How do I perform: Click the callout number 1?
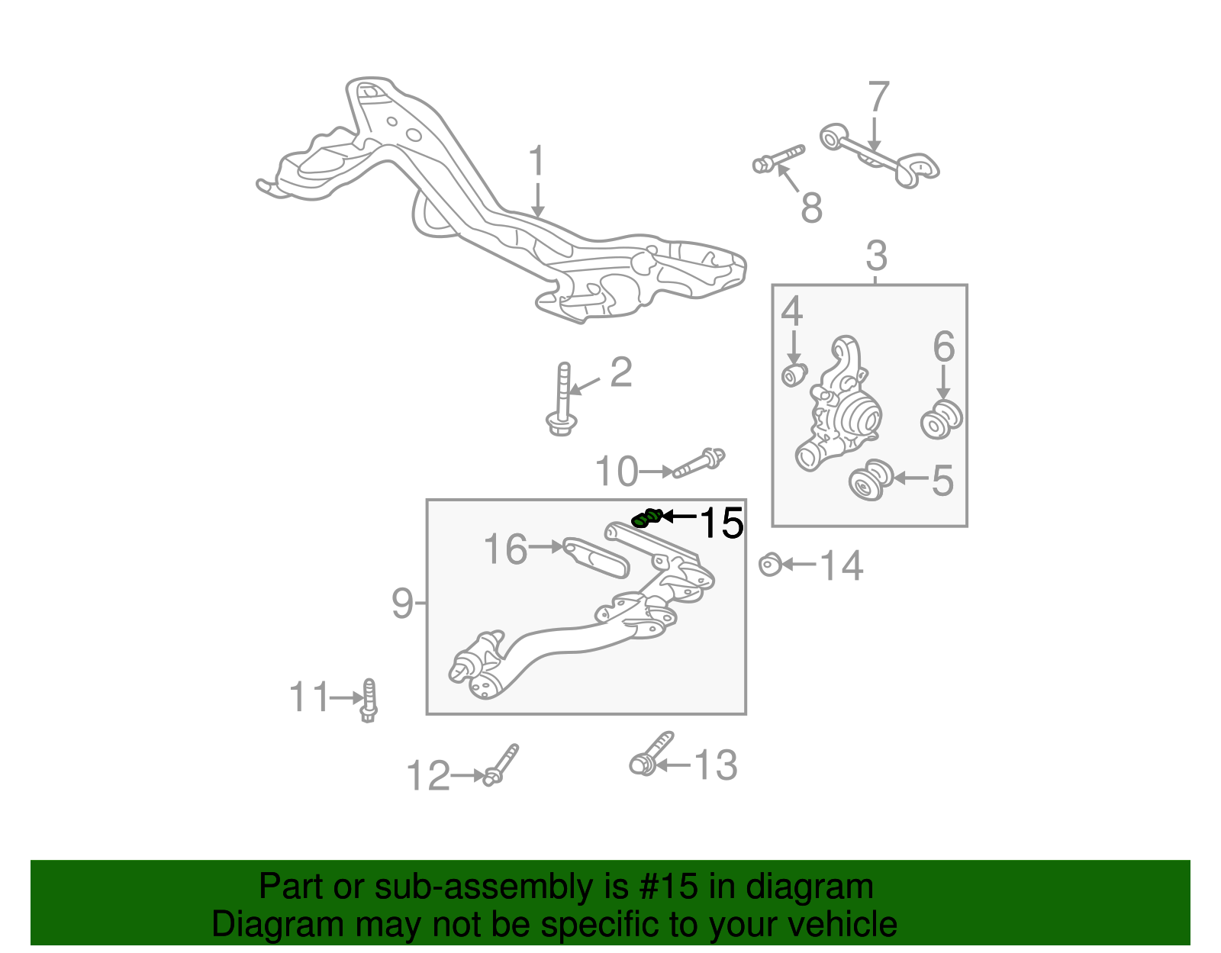[x=537, y=161]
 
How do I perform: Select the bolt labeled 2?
[x=562, y=400]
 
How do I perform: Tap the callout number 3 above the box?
[x=876, y=256]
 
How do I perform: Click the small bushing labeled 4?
[x=794, y=375]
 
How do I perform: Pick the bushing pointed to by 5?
[x=870, y=479]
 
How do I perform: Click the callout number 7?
[x=878, y=97]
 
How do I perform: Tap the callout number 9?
[x=402, y=603]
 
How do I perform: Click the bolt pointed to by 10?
[x=698, y=462]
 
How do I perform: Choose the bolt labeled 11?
[x=369, y=700]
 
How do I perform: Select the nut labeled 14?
[x=769, y=565]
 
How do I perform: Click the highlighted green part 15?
[x=646, y=518]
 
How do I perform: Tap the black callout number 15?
[x=721, y=523]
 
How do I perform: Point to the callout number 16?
[x=506, y=549]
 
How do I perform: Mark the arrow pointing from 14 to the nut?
[x=799, y=565]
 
